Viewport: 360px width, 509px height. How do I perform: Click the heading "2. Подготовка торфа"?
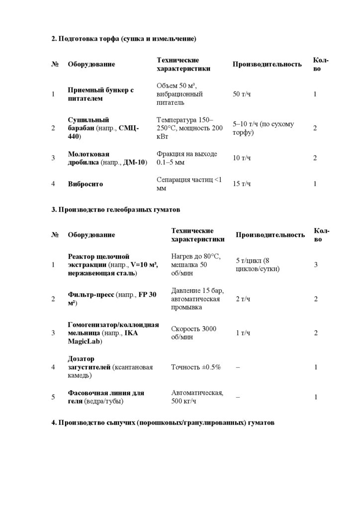pyautogui.click(x=124, y=38)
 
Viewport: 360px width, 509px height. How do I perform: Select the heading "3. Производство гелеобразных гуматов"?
pyautogui.click(x=115, y=210)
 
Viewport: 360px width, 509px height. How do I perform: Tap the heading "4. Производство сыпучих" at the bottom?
pyautogui.click(x=163, y=423)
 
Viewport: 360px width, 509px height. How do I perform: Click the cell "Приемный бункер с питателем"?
pyautogui.click(x=101, y=94)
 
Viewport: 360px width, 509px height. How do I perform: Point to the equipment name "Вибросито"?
pyautogui.click(x=86, y=184)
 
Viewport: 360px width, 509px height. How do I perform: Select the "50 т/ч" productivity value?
pyautogui.click(x=242, y=94)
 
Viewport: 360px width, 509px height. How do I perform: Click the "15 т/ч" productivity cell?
pyautogui.click(x=242, y=184)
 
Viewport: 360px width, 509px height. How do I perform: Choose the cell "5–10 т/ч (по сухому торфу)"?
pyautogui.click(x=264, y=128)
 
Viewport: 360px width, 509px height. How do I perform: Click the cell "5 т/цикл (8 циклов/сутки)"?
pyautogui.click(x=258, y=264)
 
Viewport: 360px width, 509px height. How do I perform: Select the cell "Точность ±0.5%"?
pyautogui.click(x=196, y=367)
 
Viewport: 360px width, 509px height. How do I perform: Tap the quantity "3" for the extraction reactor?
pyautogui.click(x=316, y=264)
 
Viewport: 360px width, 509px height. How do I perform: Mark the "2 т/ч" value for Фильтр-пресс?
pyautogui.click(x=243, y=299)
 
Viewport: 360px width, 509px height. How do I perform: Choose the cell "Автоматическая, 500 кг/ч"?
pyautogui.click(x=197, y=397)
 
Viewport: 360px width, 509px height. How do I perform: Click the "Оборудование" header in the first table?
pyautogui.click(x=91, y=64)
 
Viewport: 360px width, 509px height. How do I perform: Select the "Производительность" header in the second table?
pyautogui.click(x=270, y=235)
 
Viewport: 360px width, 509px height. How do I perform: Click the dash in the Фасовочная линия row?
pyautogui.click(x=238, y=397)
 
